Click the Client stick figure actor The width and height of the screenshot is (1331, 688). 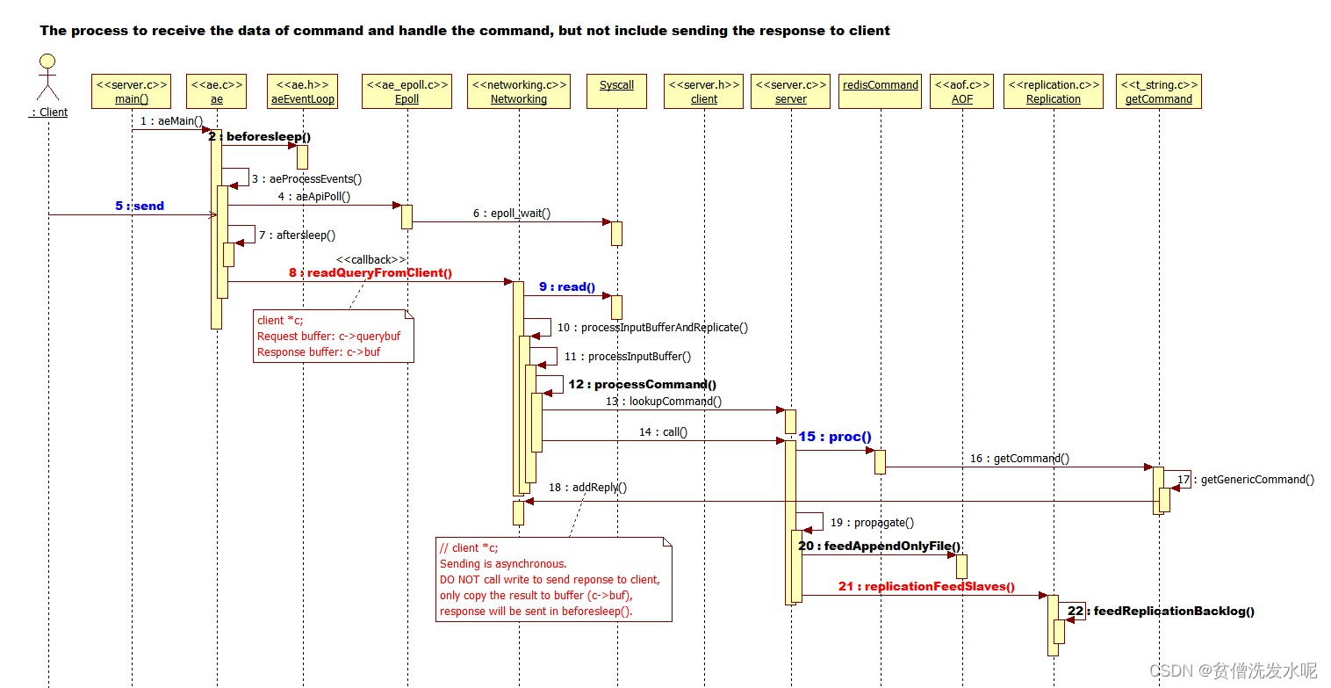47,79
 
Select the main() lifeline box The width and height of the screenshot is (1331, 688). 131,91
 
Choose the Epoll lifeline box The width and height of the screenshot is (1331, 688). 406,91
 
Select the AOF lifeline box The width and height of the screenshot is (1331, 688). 961,91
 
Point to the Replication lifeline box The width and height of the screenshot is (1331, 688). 1053,91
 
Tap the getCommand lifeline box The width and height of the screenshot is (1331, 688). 1159,91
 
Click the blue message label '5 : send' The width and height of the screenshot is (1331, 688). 139,206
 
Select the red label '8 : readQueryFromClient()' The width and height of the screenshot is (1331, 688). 371,272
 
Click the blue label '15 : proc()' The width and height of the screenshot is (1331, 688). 834,437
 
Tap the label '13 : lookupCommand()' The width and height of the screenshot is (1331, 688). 664,402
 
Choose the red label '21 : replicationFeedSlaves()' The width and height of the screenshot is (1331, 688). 926,587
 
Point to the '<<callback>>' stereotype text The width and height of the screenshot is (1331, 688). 371,259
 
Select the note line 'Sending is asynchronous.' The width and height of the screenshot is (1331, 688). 503,563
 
